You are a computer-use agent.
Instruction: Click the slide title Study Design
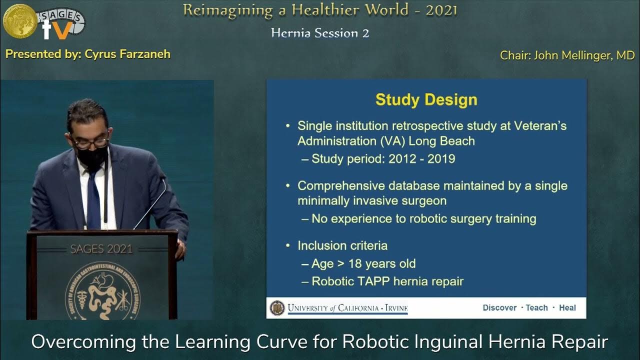426,99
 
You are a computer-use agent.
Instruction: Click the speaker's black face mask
91,156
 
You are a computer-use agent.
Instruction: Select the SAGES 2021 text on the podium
101,249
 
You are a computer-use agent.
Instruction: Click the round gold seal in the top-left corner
19,20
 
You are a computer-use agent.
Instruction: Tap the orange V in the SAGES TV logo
62,30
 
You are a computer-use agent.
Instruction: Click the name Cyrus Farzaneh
127,54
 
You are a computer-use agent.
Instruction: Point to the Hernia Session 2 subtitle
320,33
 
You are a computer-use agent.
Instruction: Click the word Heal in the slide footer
567,307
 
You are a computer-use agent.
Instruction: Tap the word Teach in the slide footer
536,307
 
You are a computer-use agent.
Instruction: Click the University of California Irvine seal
276,307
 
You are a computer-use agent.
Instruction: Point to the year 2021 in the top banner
441,10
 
